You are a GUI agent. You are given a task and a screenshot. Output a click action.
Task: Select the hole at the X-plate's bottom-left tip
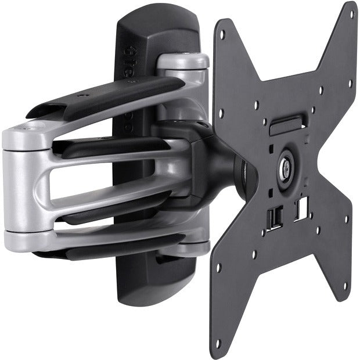click(218, 343)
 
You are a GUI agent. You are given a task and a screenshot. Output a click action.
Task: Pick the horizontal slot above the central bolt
click(286, 123)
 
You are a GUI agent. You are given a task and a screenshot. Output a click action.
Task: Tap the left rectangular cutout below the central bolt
click(273, 217)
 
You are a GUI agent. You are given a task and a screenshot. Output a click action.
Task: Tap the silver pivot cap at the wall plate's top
click(183, 60)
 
